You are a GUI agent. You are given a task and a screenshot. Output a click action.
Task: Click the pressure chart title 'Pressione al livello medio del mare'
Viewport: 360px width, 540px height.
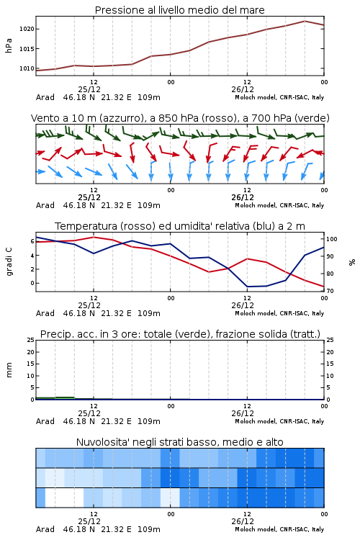click(x=179, y=10)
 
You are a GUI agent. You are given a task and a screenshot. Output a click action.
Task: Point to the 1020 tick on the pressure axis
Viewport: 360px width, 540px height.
click(x=27, y=29)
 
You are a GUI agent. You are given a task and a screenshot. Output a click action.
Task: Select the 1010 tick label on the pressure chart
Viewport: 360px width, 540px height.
click(x=27, y=68)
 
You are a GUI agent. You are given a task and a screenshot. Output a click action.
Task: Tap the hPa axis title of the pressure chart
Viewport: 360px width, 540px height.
click(x=9, y=45)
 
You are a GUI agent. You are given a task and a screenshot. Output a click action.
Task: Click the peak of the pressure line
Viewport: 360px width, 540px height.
click(x=305, y=21)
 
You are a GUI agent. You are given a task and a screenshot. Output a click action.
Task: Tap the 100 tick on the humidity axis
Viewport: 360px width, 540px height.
click(x=332, y=239)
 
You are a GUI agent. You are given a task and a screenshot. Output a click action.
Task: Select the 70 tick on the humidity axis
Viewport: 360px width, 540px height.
click(x=330, y=291)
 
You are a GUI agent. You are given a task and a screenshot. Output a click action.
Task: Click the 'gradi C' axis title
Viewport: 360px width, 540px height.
click(x=9, y=261)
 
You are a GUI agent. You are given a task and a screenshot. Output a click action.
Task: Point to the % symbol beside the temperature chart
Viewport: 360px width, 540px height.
click(x=352, y=262)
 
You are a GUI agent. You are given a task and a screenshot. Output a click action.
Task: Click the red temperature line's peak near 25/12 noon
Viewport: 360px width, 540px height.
click(x=94, y=237)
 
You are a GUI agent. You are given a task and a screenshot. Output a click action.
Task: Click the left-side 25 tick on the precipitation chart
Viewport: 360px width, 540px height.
click(x=31, y=340)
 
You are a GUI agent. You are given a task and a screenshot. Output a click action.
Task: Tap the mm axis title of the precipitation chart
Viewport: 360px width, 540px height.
click(x=9, y=370)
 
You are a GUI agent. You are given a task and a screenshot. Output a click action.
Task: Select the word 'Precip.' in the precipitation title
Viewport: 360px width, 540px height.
click(x=55, y=334)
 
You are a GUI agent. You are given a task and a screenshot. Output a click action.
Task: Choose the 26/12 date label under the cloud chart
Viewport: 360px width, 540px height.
click(x=243, y=521)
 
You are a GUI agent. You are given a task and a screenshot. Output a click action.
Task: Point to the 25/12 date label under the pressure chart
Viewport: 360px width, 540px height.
click(x=89, y=89)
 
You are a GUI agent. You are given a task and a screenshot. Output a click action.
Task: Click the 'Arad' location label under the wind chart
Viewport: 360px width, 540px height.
click(x=45, y=205)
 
